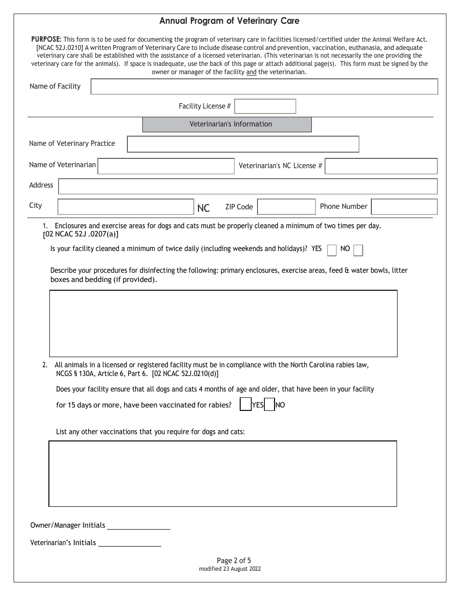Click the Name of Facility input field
pos(264,87)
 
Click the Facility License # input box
pos(265,106)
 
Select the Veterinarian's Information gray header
pos(227,125)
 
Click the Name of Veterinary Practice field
pos(243,144)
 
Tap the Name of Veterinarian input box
pos(166,166)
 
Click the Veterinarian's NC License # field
pos(381,166)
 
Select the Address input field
pos(247,186)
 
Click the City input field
pos(125,207)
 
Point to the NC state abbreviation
pos(203,208)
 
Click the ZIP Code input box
pos(286,207)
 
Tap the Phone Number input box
pos(404,207)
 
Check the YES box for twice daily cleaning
pos(332,250)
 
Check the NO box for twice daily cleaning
pos(358,250)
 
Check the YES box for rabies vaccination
pos(245,405)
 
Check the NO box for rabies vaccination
pos(269,405)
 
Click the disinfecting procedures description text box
pos(223,323)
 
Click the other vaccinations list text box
pos(223,473)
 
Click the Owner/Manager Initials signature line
pos(138,526)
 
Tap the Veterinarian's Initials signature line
pos(129,544)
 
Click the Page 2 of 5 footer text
pos(230,561)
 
